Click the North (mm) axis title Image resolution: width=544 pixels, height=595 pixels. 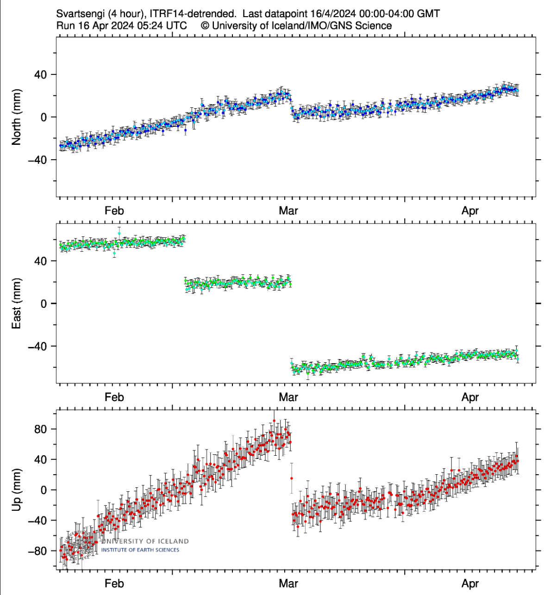(x=17, y=117)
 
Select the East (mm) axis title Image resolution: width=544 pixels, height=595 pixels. (x=17, y=304)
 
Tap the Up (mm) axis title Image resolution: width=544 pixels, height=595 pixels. (x=17, y=490)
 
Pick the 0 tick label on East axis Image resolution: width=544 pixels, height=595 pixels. (x=44, y=304)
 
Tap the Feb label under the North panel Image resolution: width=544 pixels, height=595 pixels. (x=114, y=211)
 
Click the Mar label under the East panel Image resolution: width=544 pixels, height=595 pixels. (x=288, y=397)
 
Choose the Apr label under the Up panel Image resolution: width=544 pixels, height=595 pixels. (x=470, y=584)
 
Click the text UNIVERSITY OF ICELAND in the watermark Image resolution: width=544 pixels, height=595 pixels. (x=145, y=541)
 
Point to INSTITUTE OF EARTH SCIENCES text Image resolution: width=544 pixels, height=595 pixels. (x=140, y=550)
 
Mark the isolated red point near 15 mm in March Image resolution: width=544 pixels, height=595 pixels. (x=292, y=478)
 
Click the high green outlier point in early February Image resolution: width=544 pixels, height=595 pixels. (x=119, y=234)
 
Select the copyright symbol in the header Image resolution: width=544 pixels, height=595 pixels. (x=205, y=26)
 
